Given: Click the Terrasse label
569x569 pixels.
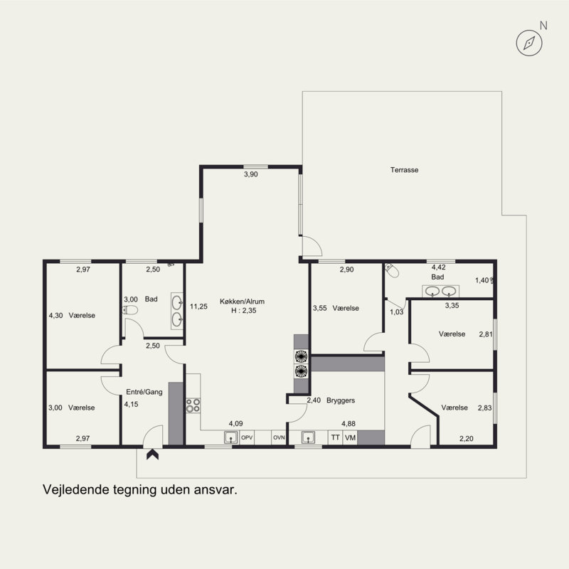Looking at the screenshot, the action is pos(404,170).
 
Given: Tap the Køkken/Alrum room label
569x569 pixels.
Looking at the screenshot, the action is pos(242,301).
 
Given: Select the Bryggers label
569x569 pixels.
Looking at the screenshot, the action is pos(341,400).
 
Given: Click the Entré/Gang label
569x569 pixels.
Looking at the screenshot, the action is pos(144,392).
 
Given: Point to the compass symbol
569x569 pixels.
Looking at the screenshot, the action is pos(529,43).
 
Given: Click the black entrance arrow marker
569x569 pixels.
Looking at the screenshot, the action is pos(152,454).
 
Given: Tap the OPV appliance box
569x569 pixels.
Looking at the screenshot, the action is pos(247,437).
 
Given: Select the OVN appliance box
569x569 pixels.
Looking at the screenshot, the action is pos(279,437).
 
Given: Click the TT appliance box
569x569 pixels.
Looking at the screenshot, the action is pos(335,437).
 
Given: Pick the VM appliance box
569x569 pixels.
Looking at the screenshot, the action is pos(350,437).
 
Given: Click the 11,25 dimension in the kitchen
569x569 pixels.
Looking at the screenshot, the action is pos(198,307).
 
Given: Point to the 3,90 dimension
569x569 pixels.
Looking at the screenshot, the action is pos(251,174).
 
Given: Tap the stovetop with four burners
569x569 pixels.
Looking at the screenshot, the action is pos(193,405).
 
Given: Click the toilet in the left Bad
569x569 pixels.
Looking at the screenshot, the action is pos(130,310).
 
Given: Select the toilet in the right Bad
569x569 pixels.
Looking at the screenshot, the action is pos(392,270).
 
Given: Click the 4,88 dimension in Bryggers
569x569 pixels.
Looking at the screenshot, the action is pos(349,423).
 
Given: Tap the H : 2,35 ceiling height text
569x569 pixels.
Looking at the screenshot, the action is pos(244,311).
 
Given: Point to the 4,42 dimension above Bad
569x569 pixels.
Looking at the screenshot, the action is pos(438,267).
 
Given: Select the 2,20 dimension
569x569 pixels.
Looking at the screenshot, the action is pos(467,439).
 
